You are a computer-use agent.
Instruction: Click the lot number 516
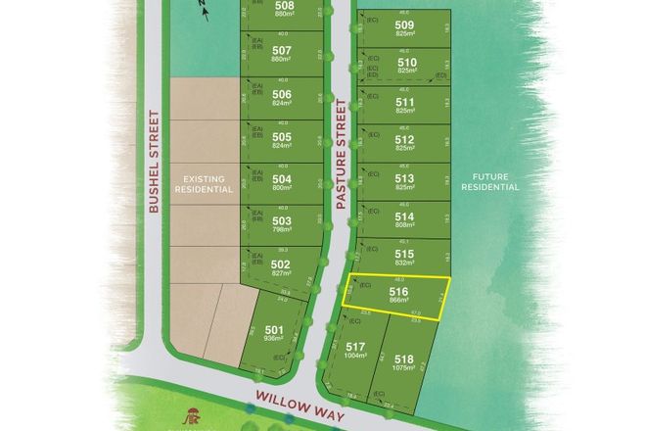pyautogui.click(x=397, y=291)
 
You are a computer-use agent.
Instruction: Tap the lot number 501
pyautogui.click(x=274, y=329)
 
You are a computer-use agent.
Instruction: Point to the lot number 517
pyautogui.click(x=355, y=346)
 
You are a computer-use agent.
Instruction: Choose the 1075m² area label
pyautogui.click(x=402, y=371)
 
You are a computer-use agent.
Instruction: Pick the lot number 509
pyautogui.click(x=404, y=25)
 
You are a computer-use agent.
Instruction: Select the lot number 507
pyautogui.click(x=282, y=50)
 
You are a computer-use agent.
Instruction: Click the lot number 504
pyautogui.click(x=282, y=179)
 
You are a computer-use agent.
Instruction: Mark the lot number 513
pyautogui.click(x=404, y=177)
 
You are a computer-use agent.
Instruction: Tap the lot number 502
pyautogui.click(x=282, y=263)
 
